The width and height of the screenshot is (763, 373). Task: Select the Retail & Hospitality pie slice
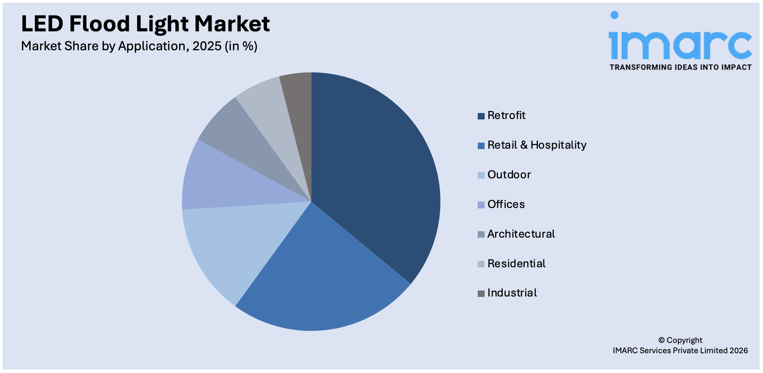318,275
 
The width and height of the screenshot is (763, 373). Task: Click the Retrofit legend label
506,116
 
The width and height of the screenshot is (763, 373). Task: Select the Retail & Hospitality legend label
537,145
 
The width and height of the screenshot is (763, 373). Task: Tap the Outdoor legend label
509,175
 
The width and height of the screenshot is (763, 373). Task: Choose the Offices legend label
506,205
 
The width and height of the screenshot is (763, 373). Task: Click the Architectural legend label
521,234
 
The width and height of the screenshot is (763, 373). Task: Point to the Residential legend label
516,264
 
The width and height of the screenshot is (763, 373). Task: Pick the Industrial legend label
512,293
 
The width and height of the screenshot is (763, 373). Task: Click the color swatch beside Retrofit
481,116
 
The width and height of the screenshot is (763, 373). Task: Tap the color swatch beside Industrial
481,294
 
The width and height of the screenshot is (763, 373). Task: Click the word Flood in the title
99,24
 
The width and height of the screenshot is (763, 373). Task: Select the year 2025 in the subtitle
207,46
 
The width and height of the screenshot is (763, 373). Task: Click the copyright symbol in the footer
662,340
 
